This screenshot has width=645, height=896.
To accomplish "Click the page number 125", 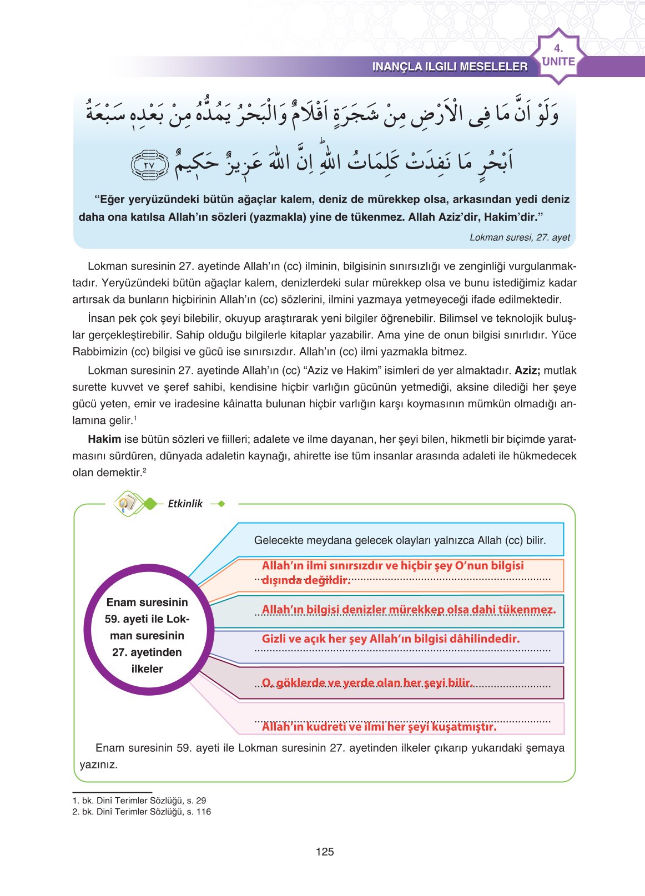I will (324, 852).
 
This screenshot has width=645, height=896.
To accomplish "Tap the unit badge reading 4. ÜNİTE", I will (558, 56).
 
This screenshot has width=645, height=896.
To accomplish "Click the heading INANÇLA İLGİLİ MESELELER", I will (450, 67).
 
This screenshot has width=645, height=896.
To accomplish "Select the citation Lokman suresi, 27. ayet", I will (520, 237).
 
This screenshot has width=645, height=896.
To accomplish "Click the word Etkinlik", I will (185, 504).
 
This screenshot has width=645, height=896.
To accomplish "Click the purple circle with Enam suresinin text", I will (147, 629).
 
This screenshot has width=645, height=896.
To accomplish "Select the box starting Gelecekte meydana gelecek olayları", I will (400, 540).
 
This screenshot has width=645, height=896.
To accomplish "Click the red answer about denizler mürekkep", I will (409, 610).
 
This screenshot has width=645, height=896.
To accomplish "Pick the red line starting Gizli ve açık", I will (391, 639).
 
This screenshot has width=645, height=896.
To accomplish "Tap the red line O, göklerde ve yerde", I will (367, 682).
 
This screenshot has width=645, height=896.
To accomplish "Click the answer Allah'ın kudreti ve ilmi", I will (379, 727).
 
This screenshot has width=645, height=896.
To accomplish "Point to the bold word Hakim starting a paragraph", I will (104, 439).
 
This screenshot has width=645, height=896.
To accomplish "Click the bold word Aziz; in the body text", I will (527, 371).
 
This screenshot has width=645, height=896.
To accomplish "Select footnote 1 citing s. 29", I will (139, 801).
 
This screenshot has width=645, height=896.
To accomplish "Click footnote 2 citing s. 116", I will (142, 812).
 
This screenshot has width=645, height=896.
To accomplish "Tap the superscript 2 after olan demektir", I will (144, 470).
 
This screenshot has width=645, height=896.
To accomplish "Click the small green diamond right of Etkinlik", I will (221, 504).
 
